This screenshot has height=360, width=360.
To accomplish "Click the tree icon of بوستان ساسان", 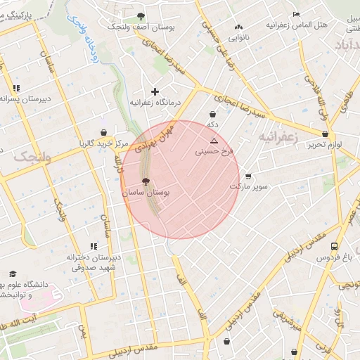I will [146, 181].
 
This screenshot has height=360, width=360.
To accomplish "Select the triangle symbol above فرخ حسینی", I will [214, 141].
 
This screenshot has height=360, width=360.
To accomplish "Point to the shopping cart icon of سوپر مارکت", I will [247, 176].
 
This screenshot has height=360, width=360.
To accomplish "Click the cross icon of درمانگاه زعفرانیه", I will [155, 91].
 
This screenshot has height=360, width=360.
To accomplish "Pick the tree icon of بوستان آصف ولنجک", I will [141, 15].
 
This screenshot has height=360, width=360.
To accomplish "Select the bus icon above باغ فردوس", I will [335, 247].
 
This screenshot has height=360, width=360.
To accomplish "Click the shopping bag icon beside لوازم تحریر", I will [325, 134].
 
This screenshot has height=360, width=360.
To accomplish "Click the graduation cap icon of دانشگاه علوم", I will [12, 274].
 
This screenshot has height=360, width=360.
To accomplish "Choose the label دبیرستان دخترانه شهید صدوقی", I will [94, 262].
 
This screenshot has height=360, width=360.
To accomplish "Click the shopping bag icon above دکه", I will [212, 114].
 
